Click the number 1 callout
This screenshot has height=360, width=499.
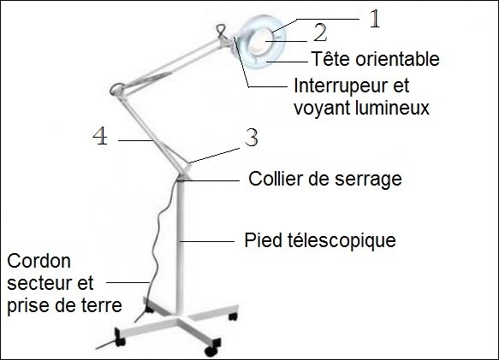click(x=375, y=19)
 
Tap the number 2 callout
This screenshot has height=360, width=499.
click(x=319, y=32)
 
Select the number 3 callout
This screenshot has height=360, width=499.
click(x=252, y=138)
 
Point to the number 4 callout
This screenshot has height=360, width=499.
click(x=100, y=136)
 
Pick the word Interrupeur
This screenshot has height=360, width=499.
click(x=337, y=86)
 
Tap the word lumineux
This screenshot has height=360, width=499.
click(x=391, y=108)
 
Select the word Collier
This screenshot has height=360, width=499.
click(x=275, y=179)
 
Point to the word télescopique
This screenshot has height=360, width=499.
click(x=342, y=240)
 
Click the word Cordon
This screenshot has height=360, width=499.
click(x=39, y=261)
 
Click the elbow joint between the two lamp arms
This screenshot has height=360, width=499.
click(x=118, y=89)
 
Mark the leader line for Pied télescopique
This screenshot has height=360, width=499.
click(x=207, y=242)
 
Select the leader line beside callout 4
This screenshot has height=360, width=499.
click(x=136, y=140)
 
